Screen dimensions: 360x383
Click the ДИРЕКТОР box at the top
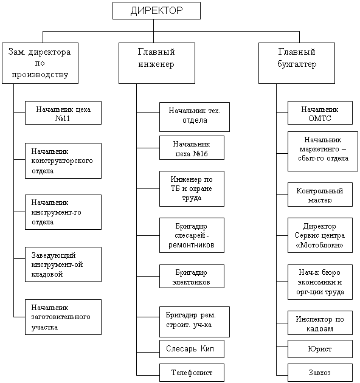click(x=156, y=10)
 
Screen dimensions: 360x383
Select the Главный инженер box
click(x=157, y=63)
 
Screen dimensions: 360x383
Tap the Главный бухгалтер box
click(x=297, y=63)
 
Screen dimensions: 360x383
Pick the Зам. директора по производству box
click(x=40, y=63)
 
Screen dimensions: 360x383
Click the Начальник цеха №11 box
click(x=63, y=113)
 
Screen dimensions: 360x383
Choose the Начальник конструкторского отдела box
click(x=63, y=160)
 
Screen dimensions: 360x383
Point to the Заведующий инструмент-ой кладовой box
click(x=63, y=264)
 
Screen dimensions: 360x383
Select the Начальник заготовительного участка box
click(x=63, y=317)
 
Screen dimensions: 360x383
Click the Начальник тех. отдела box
click(x=195, y=117)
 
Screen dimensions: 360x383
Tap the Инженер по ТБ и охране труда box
click(x=192, y=189)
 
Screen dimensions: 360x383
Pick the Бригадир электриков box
click(x=192, y=276)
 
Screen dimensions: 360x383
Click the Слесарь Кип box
click(x=192, y=349)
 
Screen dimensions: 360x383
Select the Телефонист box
click(x=192, y=373)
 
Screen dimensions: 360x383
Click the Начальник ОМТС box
click(x=320, y=113)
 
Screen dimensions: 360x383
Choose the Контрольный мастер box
click(x=320, y=195)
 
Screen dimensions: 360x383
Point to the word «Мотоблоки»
click(x=320, y=245)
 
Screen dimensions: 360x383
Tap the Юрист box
click(x=320, y=349)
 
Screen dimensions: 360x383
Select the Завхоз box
click(x=320, y=373)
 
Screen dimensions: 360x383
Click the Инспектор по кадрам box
click(x=320, y=323)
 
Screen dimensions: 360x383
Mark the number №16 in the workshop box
click(x=200, y=154)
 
